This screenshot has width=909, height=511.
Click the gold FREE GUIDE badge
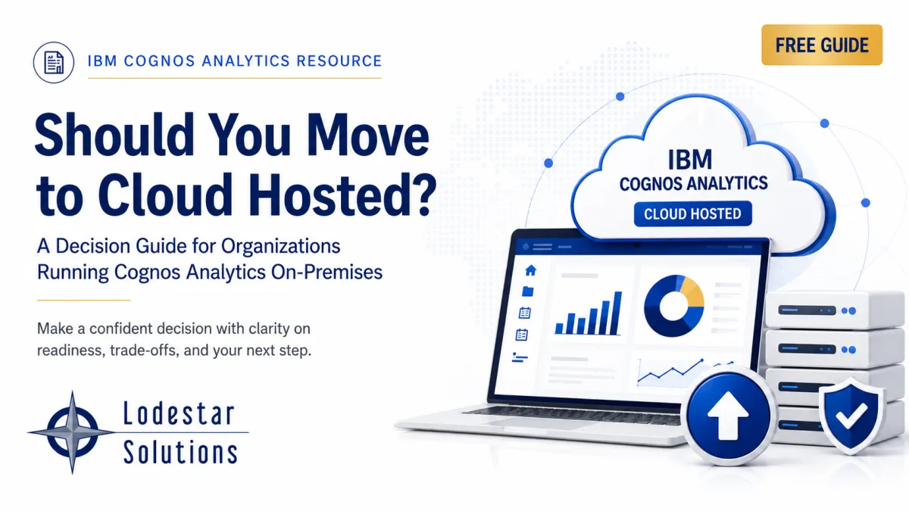(822, 45)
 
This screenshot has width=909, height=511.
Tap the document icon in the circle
(54, 62)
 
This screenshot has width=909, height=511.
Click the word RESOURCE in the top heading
(339, 61)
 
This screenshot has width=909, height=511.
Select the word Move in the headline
(367, 135)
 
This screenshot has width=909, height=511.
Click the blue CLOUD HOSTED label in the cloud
(692, 213)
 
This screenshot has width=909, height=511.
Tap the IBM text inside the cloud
(690, 160)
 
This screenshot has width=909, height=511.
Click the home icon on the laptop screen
(530, 270)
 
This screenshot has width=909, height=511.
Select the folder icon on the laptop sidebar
(527, 291)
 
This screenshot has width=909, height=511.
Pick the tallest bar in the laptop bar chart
(617, 313)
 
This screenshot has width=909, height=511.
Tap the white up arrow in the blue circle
(728, 416)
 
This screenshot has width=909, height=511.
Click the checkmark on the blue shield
(851, 415)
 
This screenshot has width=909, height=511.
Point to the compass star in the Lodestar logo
(72, 432)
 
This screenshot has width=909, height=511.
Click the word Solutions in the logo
(180, 452)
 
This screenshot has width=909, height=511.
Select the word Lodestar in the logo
(179, 413)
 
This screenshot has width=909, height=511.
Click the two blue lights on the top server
(848, 311)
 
